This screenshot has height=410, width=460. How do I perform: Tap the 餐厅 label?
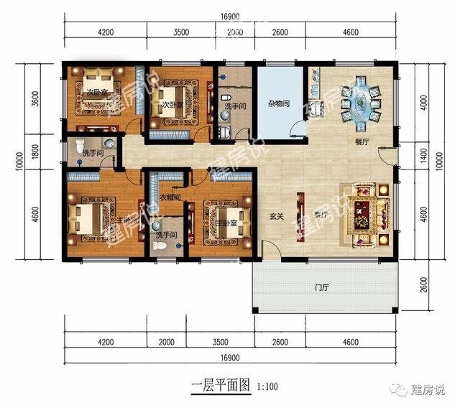click(362, 142)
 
